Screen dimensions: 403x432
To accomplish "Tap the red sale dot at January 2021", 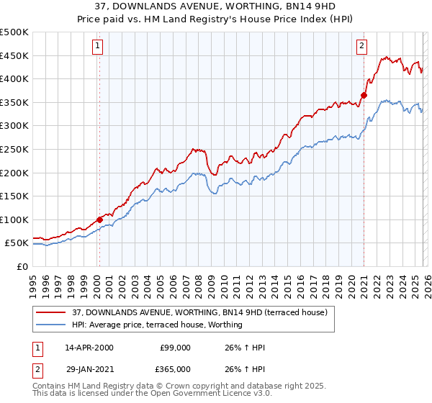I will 364,95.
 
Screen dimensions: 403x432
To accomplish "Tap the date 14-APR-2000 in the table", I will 89,348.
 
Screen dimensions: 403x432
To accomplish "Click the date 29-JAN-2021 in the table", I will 89,368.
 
